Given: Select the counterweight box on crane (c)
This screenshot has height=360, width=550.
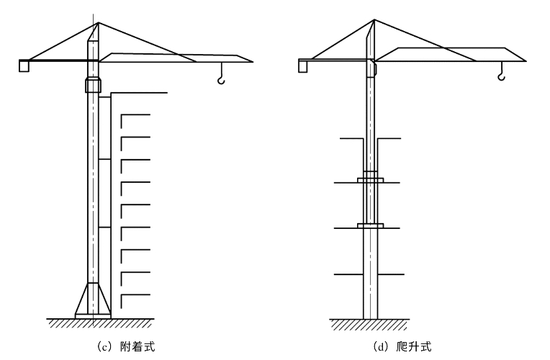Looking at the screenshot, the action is click(x=24, y=66).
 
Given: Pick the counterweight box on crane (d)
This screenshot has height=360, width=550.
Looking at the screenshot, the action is click(x=303, y=66).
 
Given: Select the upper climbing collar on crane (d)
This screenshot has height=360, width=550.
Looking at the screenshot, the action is click(x=370, y=177).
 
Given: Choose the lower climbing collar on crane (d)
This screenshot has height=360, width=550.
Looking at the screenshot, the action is click(x=370, y=227).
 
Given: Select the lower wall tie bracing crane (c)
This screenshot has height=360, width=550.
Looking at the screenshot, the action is click(x=105, y=228).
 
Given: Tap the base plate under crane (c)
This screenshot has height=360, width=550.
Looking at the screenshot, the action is click(x=93, y=315).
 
